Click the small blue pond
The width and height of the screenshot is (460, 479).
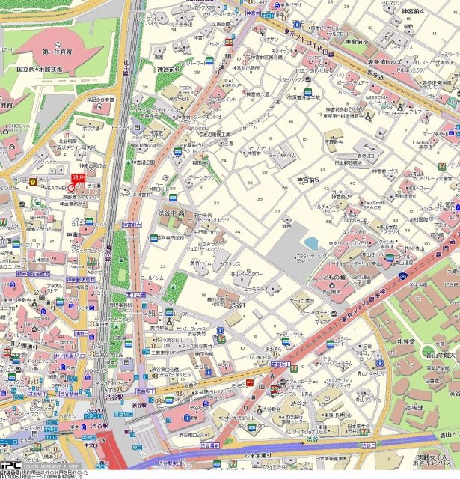(x=310, y=243)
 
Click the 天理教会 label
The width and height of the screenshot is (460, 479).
(x=333, y=139)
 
